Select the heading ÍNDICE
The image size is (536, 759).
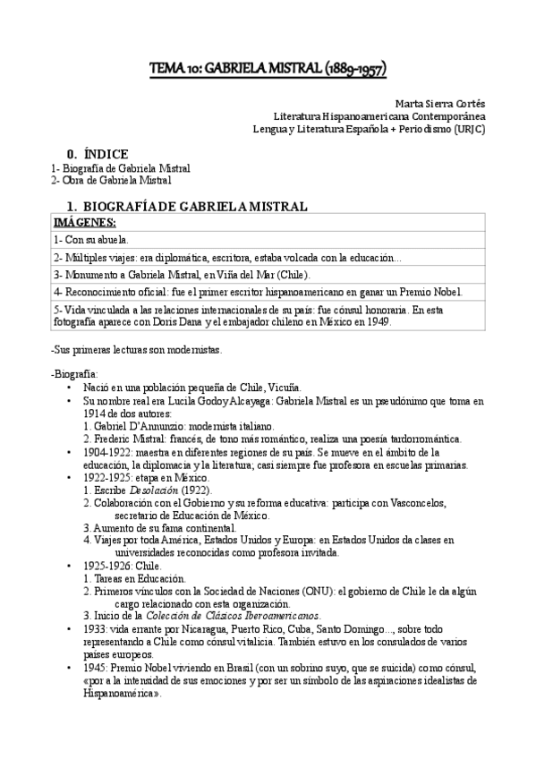click(x=106, y=153)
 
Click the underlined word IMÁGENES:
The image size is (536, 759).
click(x=86, y=221)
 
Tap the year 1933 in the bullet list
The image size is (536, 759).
click(x=93, y=629)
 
